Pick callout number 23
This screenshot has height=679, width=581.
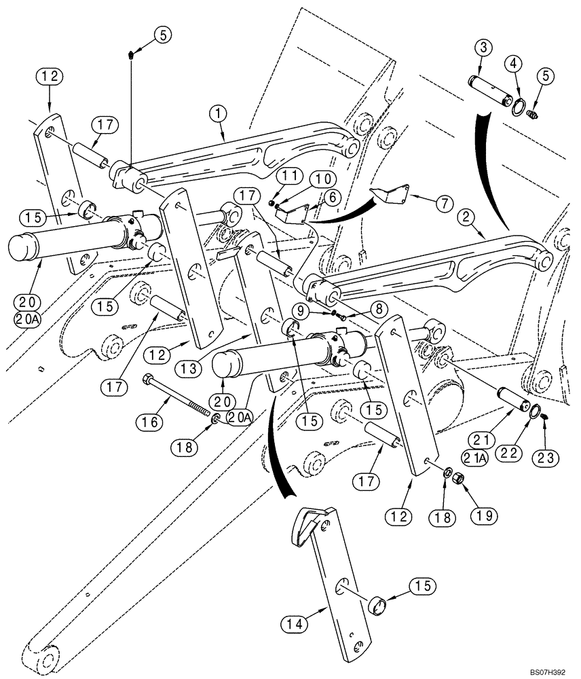pyautogui.click(x=548, y=458)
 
